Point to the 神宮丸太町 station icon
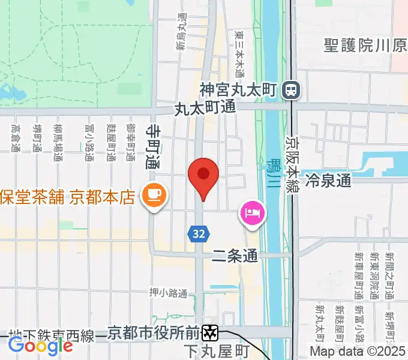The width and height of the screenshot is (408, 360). tap(292, 91)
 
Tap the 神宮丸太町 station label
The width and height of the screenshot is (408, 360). tap(238, 91)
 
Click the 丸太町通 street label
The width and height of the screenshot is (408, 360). tap(205, 109)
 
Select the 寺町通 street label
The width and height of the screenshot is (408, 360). tap(154, 146)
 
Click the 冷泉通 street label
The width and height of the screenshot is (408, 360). tap(328, 179)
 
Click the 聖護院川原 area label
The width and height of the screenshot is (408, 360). tap(365, 46)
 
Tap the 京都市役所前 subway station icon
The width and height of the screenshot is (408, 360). tap(210, 332)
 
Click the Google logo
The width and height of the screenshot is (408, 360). tap(40, 345)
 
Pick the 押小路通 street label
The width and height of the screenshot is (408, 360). tap(168, 293)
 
